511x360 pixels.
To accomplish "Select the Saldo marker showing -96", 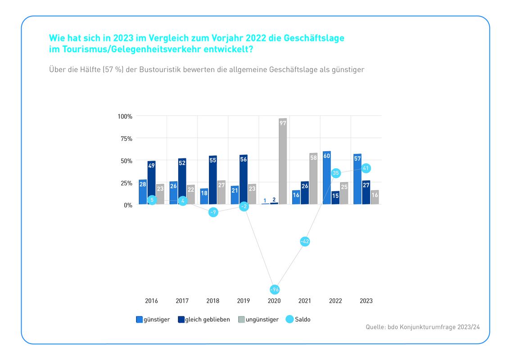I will [275, 289].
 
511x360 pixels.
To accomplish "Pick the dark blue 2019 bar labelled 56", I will [244, 180].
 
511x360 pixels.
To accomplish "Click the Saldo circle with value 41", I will [366, 168].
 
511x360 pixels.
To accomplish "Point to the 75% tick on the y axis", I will [126, 139].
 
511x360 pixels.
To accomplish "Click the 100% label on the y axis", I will [125, 117].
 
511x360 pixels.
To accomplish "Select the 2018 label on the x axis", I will [213, 301].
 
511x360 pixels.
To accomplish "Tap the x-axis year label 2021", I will [305, 301].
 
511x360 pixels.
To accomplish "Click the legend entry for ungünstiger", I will [258, 319].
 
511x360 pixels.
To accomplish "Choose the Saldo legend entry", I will [298, 319].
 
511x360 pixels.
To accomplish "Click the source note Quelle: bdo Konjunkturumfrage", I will [423, 327].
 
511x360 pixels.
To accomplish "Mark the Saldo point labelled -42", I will [305, 242].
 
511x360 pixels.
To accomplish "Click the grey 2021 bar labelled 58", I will [313, 179].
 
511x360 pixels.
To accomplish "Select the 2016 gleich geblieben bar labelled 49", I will [151, 183].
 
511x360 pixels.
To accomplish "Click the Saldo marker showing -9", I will [213, 212].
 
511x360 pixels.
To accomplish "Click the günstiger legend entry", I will [153, 319].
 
